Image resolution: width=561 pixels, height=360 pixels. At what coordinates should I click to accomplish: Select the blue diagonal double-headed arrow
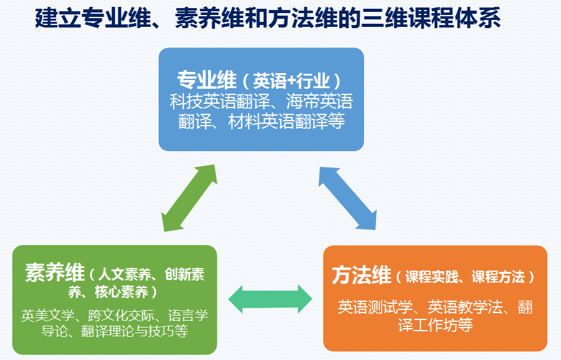pos(349,197)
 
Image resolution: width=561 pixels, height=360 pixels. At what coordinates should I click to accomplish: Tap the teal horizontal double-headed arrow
pos(270,299)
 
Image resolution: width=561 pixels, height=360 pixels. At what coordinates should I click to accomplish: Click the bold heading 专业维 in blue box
pos(207,81)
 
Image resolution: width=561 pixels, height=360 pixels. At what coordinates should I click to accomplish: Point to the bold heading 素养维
pos(54,273)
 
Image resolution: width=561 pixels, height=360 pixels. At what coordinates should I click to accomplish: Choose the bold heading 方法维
pos(361,276)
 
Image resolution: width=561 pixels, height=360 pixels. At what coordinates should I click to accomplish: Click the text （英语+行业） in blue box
pos(291,81)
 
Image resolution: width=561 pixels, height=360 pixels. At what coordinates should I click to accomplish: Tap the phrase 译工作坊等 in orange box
pos(435,325)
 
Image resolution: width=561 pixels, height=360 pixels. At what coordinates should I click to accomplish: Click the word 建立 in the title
pos(50,19)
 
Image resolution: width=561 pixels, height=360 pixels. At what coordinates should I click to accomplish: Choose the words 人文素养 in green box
pos(120,274)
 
